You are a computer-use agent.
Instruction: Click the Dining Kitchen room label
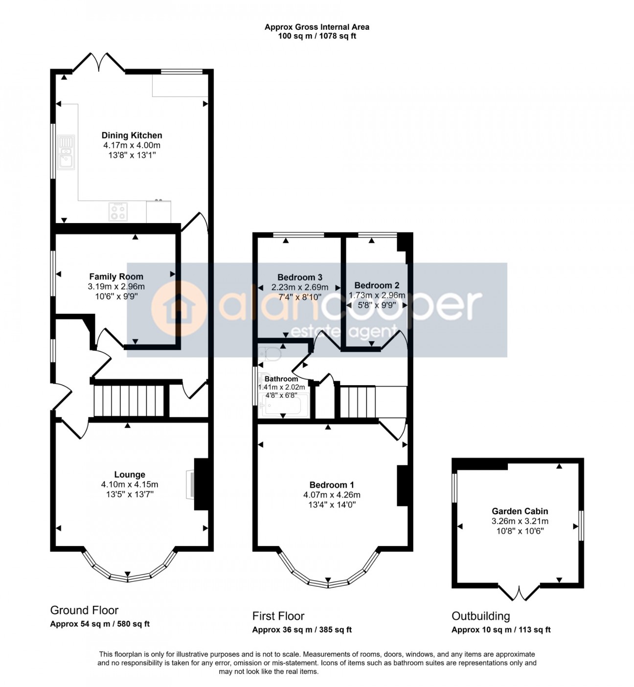click(x=132, y=136)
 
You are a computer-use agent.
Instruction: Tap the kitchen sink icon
click(x=66, y=152)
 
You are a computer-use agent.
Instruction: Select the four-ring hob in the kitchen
click(x=118, y=211)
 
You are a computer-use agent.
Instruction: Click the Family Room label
click(x=116, y=277)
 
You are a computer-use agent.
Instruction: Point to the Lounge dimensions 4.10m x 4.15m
click(x=130, y=484)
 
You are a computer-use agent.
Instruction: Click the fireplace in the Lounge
click(x=190, y=484)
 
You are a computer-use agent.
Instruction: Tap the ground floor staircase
click(x=128, y=401)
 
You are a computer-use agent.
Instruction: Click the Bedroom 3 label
click(x=299, y=277)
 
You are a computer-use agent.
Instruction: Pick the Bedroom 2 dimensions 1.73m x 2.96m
click(x=377, y=295)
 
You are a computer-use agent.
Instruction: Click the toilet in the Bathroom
click(x=270, y=353)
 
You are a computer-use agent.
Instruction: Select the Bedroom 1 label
click(x=332, y=485)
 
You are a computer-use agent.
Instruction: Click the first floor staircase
click(x=358, y=402)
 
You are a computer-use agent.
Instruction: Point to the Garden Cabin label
click(x=520, y=511)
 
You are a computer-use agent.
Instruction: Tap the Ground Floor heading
click(x=84, y=610)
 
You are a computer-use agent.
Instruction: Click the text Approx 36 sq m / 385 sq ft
click(x=302, y=630)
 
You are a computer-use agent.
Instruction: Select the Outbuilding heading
click(x=480, y=616)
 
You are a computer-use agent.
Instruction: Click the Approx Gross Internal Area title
click(x=317, y=27)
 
